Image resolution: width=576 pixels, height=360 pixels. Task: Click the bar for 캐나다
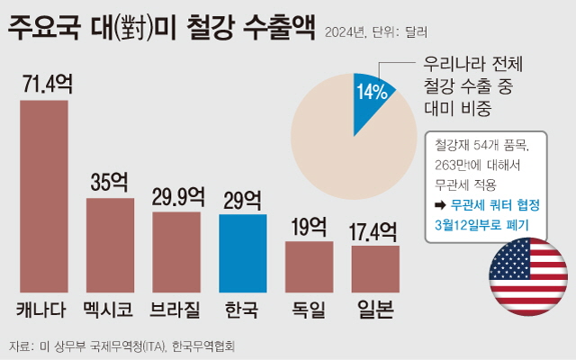click(44, 196)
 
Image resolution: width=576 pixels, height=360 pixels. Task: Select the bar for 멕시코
click(110, 245)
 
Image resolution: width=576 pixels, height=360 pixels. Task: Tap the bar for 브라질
click(176, 252)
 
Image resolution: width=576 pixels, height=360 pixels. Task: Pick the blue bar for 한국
click(242, 253)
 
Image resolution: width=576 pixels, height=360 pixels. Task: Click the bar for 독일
click(309, 266)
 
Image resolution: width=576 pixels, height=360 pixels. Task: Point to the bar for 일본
click(375, 269)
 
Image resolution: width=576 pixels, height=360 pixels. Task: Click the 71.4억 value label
click(44, 85)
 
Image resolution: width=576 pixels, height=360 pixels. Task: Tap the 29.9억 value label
click(176, 197)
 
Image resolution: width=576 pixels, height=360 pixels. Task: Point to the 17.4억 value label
click(375, 231)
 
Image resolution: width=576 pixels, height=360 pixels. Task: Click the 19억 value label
click(309, 226)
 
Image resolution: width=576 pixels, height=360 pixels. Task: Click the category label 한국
click(242, 310)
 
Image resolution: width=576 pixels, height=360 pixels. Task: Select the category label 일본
click(375, 310)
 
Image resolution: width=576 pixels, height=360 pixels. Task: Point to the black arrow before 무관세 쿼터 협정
click(441, 205)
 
